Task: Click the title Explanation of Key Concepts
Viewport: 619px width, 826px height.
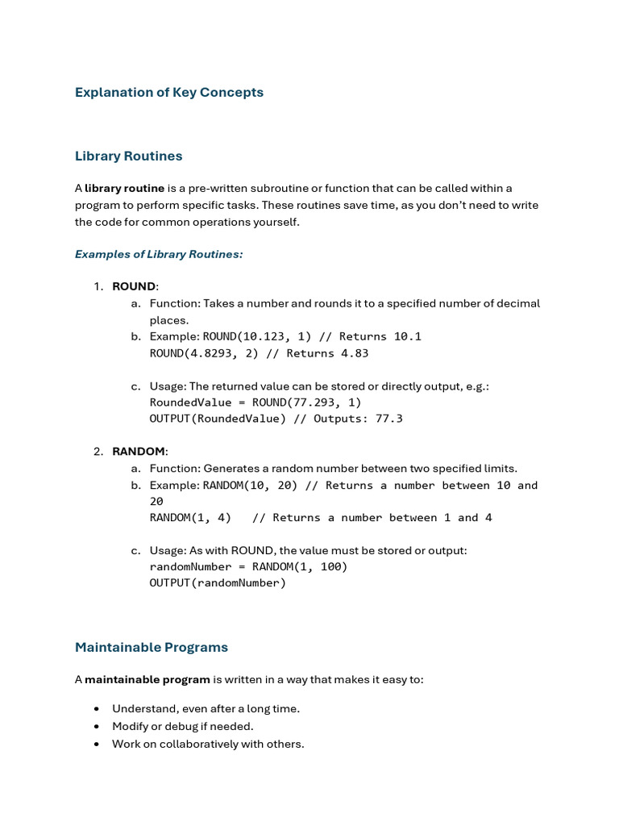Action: coord(169,92)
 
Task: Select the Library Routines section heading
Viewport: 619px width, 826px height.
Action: coord(128,156)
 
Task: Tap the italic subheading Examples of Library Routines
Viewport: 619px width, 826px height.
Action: coord(159,254)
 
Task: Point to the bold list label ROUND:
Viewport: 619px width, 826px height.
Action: coord(135,286)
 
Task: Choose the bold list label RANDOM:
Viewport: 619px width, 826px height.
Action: coord(139,451)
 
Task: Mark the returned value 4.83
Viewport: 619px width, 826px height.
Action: coord(355,353)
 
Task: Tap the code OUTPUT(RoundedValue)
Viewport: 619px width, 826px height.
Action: coord(218,419)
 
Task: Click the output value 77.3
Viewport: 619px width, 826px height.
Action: coord(389,419)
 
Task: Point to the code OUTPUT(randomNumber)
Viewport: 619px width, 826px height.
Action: coord(218,582)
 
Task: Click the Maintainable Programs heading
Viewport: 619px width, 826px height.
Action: coord(152,647)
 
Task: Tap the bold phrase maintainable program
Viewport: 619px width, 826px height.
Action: coord(147,679)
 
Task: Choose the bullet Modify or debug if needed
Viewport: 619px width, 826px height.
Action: coord(182,726)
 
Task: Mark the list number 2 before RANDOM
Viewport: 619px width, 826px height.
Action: coord(98,451)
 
